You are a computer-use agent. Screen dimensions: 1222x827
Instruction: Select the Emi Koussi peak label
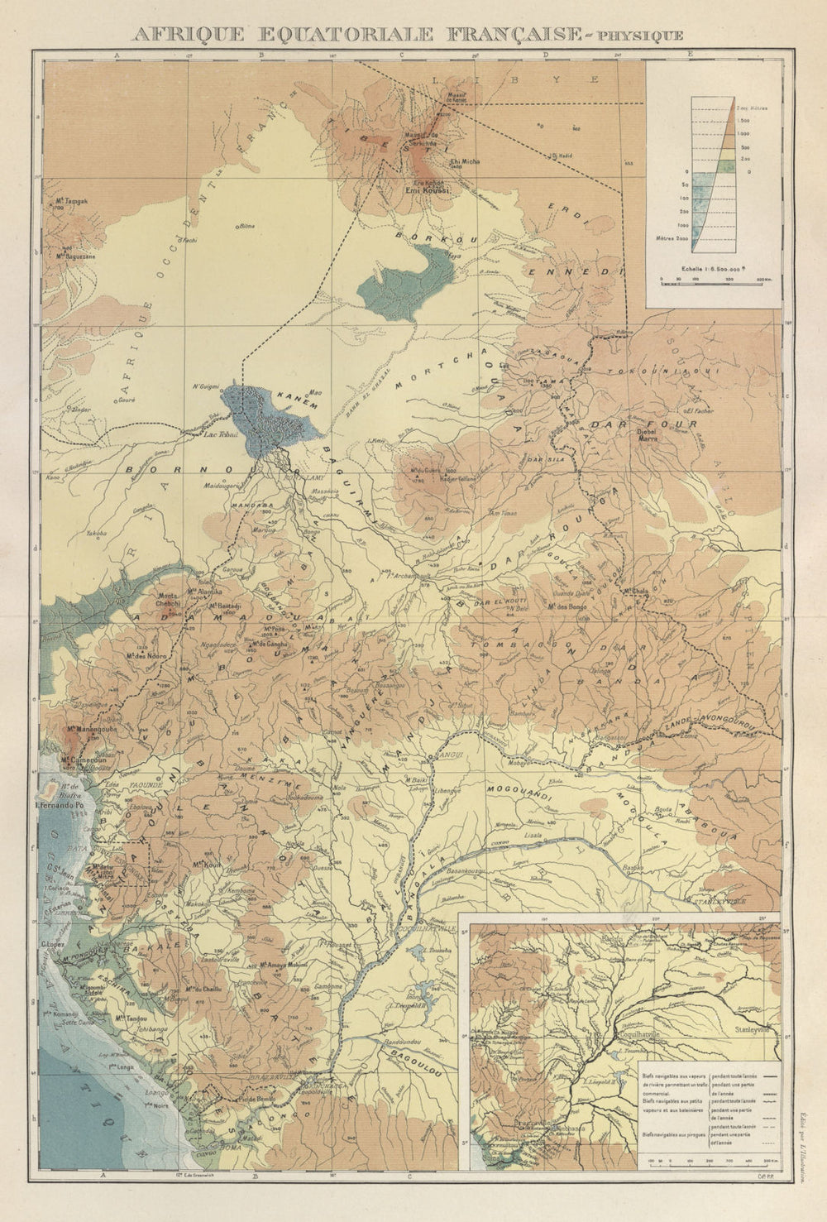[424, 189]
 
